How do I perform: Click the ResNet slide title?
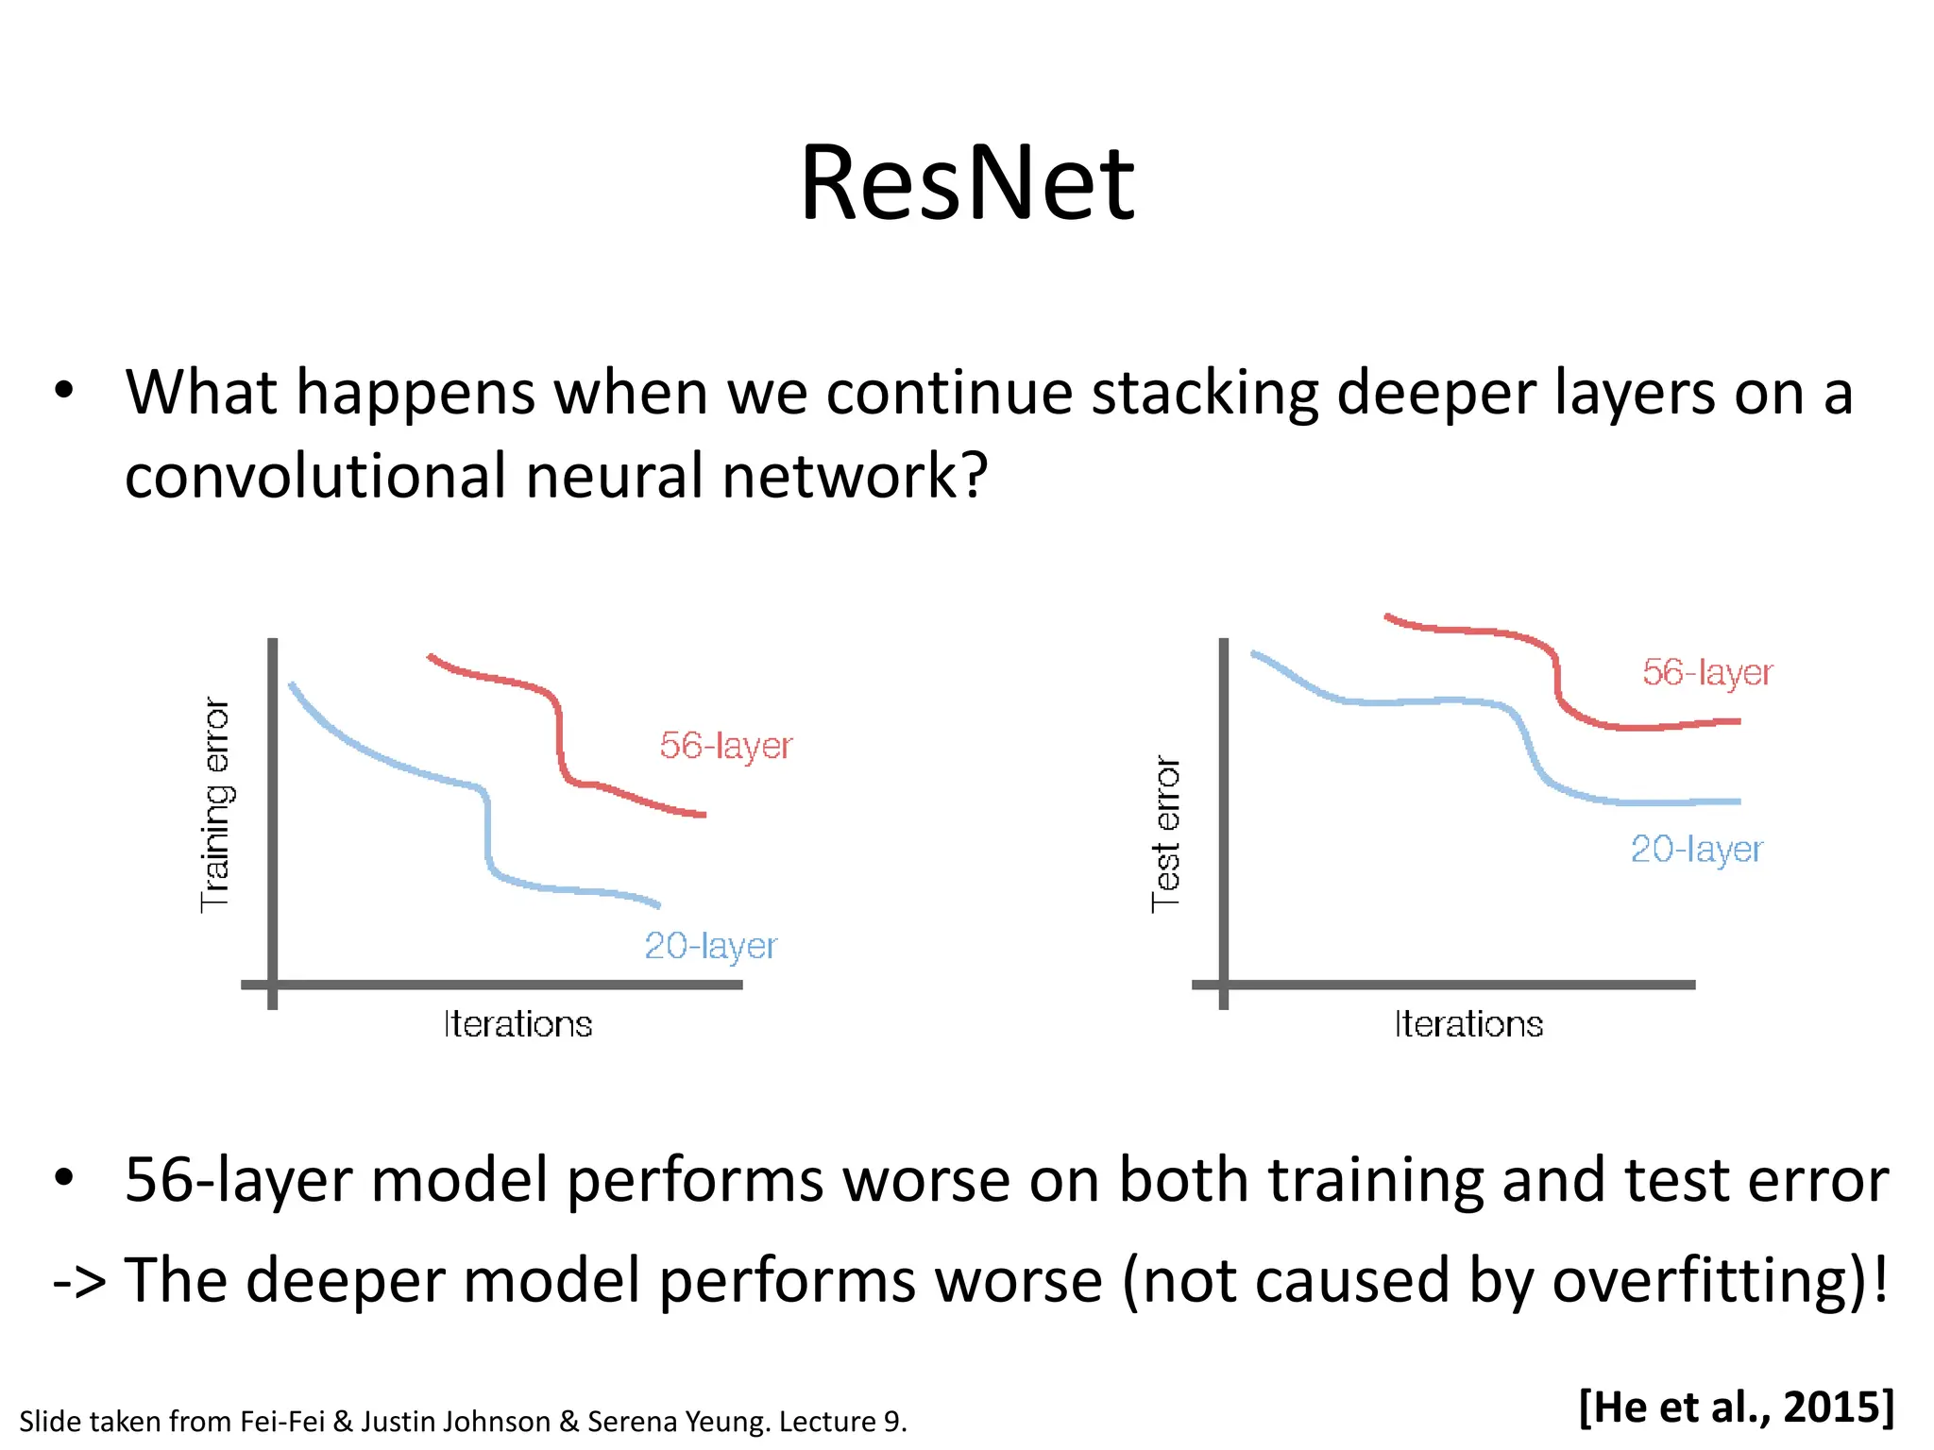[966, 183]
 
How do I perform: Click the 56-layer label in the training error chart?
[725, 746]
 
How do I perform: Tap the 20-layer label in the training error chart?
[710, 946]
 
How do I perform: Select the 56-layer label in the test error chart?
[1707, 672]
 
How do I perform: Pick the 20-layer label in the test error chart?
[1696, 850]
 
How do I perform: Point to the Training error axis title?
[215, 804]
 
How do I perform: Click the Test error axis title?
[1166, 833]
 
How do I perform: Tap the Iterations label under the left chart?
[517, 1024]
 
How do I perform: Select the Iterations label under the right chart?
[1468, 1024]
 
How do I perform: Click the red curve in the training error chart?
[559, 736]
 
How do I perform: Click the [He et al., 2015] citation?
[1736, 1407]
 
